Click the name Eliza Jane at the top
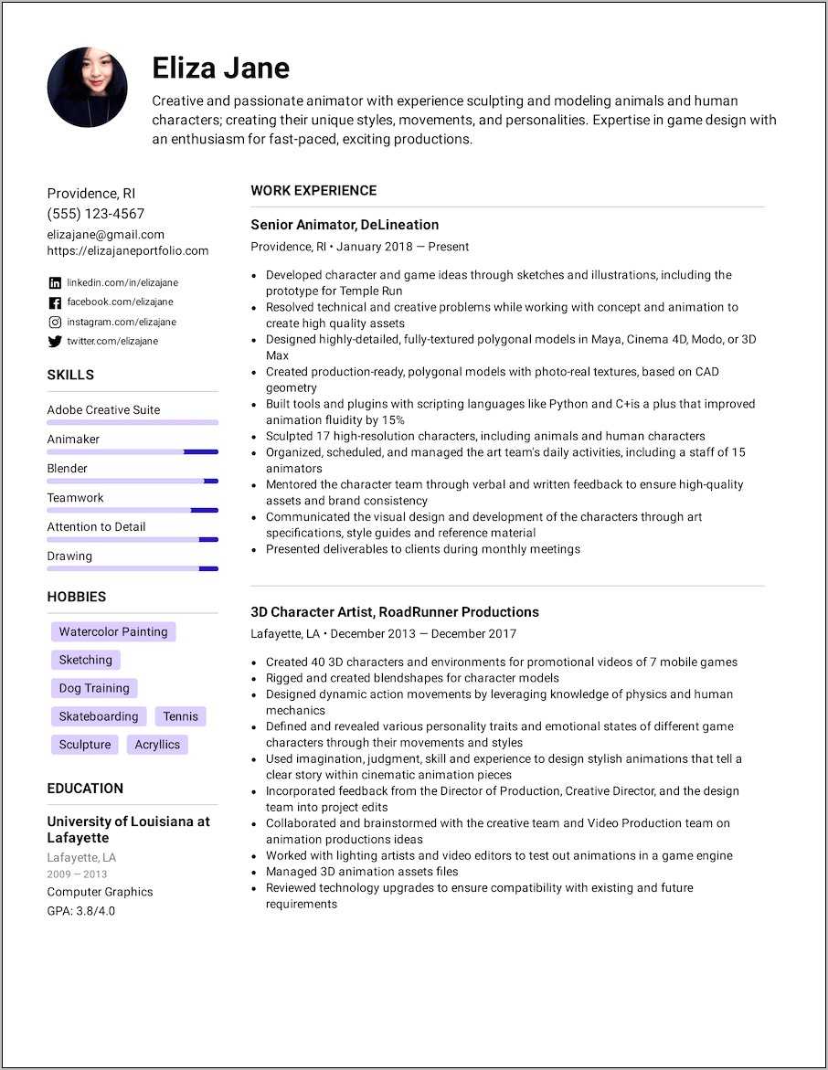click(x=220, y=69)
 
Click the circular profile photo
click(x=87, y=88)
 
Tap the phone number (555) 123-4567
click(x=96, y=214)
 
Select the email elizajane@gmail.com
click(x=106, y=234)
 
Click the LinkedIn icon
click(x=55, y=283)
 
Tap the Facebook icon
click(x=55, y=302)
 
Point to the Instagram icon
click(x=55, y=323)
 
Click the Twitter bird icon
click(x=55, y=342)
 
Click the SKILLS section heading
click(x=70, y=375)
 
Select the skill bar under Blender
click(x=133, y=481)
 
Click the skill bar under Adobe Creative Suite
click(x=133, y=422)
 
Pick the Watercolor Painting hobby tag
click(x=113, y=631)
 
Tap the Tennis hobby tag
click(x=181, y=716)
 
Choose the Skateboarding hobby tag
click(x=99, y=716)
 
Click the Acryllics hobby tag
click(x=157, y=745)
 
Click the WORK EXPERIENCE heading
click(x=313, y=191)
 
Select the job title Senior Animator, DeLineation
click(x=345, y=225)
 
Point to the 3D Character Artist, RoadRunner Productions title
click(x=395, y=612)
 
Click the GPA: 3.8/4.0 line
click(x=81, y=911)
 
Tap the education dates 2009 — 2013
click(x=77, y=874)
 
